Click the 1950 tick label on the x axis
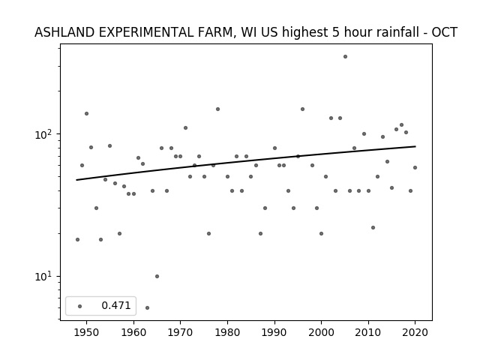pos(86,332)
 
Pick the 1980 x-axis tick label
pos(227,332)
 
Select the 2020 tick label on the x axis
pos(415,332)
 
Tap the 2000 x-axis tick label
pos(321,332)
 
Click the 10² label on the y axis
pos(45,134)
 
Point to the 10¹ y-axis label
pos(45,277)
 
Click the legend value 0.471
pos(116,305)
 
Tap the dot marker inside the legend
pos(80,306)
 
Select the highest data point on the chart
pos(345,57)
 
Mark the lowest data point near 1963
pos(147,307)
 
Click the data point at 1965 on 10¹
pos(157,277)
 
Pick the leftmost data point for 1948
pos(77,240)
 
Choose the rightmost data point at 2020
pos(415,168)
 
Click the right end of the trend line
pos(415,146)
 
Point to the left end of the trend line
pos(76,180)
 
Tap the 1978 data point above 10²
pos(217,109)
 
